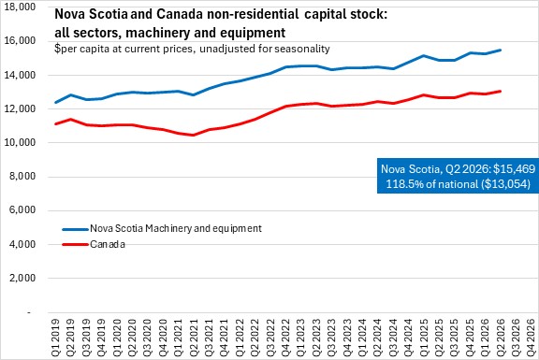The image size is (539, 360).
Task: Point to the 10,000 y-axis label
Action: [20, 142]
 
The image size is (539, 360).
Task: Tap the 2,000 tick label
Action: [22, 278]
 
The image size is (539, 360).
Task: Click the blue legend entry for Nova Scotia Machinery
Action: [162, 228]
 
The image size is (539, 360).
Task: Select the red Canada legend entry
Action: [94, 244]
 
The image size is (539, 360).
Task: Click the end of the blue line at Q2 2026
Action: [501, 50]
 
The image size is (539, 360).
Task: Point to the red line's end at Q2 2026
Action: [501, 91]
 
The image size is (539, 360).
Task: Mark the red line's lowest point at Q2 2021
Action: [194, 135]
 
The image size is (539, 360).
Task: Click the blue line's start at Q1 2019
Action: [56, 102]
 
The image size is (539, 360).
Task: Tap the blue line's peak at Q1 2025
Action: [424, 55]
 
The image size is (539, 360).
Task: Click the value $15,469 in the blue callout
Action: [515, 169]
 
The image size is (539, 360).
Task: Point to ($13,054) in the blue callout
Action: [505, 184]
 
